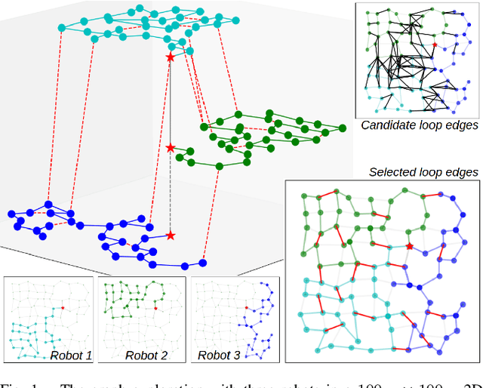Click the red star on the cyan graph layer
[x=170, y=57]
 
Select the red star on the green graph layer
[x=171, y=147]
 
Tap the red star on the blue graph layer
[x=171, y=236]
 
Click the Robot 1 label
[x=70, y=355]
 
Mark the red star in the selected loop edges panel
[x=410, y=246]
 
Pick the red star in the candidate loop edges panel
[x=434, y=45]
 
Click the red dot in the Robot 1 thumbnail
[x=63, y=308]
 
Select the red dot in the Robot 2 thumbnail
[x=155, y=308]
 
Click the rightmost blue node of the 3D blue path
[x=202, y=263]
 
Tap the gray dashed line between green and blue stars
[x=171, y=192]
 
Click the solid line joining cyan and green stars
[x=170, y=102]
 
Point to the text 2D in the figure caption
[x=469, y=383]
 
